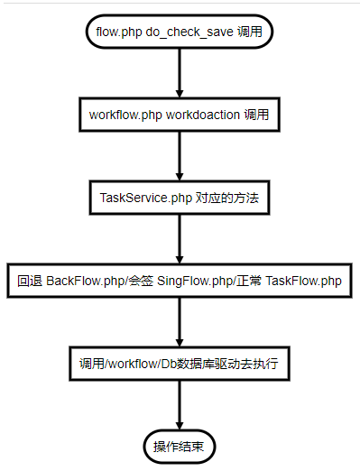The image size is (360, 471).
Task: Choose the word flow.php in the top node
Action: (x=116, y=32)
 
